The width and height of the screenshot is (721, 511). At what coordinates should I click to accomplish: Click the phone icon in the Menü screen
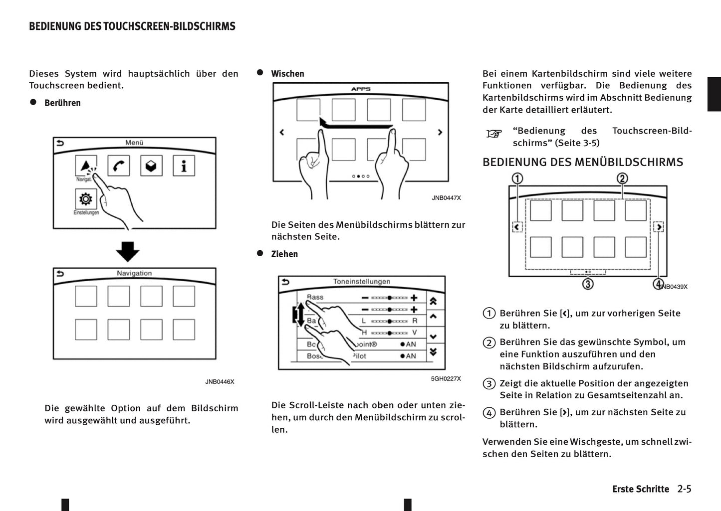point(118,166)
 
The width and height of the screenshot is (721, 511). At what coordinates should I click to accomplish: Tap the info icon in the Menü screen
point(184,166)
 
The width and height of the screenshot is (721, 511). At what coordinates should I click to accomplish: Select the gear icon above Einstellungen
point(85,199)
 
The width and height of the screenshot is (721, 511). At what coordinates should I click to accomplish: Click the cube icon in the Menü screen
point(151,166)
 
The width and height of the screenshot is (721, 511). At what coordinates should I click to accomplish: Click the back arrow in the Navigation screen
point(60,273)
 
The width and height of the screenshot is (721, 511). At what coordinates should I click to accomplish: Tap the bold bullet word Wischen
point(287,74)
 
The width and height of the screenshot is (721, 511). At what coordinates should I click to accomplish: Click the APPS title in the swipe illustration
point(361,89)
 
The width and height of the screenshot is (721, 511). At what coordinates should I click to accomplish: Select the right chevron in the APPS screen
point(440,132)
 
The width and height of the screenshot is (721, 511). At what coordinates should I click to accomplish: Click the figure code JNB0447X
point(446,198)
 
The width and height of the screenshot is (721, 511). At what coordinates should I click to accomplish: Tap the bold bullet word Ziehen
point(284,254)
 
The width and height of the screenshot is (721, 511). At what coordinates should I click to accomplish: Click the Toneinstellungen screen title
point(362,282)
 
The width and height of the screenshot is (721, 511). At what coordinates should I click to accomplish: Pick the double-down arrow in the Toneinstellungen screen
point(433,352)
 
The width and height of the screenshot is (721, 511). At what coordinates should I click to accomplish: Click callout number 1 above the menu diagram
point(517,178)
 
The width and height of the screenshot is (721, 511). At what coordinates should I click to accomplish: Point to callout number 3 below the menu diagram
point(588,284)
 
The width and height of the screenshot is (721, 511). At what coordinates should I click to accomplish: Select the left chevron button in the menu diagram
point(517,227)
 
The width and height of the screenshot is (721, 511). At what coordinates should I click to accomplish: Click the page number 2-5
point(684,489)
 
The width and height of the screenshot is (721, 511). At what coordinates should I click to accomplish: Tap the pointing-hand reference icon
point(494,134)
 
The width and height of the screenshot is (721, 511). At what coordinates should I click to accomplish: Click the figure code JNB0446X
point(220,382)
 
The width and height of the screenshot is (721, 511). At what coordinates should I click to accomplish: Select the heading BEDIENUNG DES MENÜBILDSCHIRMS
point(582,162)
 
